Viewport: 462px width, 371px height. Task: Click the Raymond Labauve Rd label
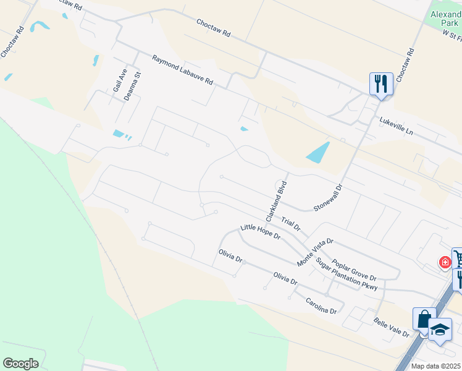click(183, 70)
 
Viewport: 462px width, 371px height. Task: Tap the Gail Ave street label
click(119, 80)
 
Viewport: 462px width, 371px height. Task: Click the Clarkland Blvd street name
click(277, 201)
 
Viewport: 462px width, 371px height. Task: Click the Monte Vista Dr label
click(315, 252)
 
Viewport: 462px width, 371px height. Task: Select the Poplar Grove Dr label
click(354, 270)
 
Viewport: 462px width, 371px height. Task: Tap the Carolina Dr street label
click(321, 306)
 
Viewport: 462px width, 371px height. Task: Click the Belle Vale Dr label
click(392, 326)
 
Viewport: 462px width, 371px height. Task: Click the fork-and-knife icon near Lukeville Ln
click(380, 83)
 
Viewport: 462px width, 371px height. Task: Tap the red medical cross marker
click(445, 262)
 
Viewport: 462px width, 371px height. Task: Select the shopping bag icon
click(424, 320)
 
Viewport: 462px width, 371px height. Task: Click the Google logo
click(20, 364)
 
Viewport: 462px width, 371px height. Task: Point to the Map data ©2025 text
click(435, 366)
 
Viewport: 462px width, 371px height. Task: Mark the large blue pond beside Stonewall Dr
click(318, 153)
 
